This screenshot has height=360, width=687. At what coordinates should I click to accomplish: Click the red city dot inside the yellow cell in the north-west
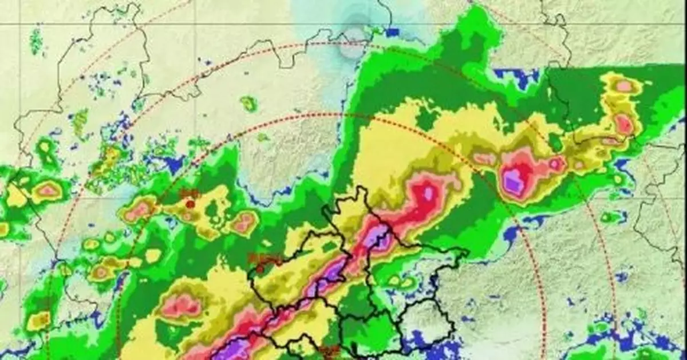coord(190,204)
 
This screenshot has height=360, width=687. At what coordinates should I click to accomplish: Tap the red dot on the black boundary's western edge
coord(260,268)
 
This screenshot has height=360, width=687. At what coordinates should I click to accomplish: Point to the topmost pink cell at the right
coord(623,86)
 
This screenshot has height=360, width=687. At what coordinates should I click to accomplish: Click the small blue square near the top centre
coord(392,33)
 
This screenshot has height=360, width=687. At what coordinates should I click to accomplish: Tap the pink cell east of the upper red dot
coord(244,223)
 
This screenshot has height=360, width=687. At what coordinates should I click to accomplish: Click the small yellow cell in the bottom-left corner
coord(38,321)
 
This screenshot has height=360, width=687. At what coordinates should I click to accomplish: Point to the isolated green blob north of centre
coord(249,104)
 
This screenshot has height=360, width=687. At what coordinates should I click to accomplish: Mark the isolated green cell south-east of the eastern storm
coord(610,217)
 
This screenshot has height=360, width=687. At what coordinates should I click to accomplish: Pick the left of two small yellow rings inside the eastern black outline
coord(394,280)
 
